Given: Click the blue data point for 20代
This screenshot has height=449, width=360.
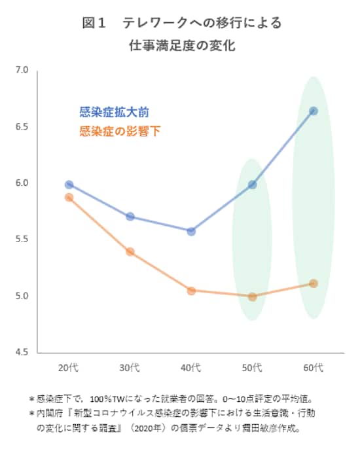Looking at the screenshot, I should pyautogui.click(x=69, y=185).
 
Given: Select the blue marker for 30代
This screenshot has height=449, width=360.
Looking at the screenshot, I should pyautogui.click(x=130, y=217).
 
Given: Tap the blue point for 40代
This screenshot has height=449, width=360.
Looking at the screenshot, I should pyautogui.click(x=191, y=231).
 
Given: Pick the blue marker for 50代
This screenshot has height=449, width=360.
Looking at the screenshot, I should pyautogui.click(x=252, y=185).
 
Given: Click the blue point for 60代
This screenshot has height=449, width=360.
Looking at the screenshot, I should pyautogui.click(x=314, y=111).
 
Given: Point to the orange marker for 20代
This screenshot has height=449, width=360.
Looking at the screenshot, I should pyautogui.click(x=69, y=197).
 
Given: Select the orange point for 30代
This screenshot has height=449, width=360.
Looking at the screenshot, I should pyautogui.click(x=130, y=251).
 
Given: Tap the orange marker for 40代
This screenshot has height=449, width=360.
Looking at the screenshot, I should pyautogui.click(x=191, y=291).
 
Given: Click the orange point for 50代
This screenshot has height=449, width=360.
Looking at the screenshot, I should pyautogui.click(x=252, y=296).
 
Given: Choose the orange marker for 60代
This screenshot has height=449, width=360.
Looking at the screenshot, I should pyautogui.click(x=314, y=283).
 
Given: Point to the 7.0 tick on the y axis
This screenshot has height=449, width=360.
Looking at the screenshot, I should pyautogui.click(x=22, y=69).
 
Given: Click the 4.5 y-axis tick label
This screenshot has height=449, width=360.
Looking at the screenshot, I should pyautogui.click(x=22, y=352).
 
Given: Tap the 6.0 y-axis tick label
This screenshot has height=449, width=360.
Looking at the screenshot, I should pyautogui.click(x=22, y=183).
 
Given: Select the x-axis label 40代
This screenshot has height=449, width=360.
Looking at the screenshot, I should pyautogui.click(x=191, y=367).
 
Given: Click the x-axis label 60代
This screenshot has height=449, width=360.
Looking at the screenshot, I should pyautogui.click(x=314, y=367).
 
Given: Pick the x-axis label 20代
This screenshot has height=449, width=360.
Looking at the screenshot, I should pyautogui.click(x=69, y=367).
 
